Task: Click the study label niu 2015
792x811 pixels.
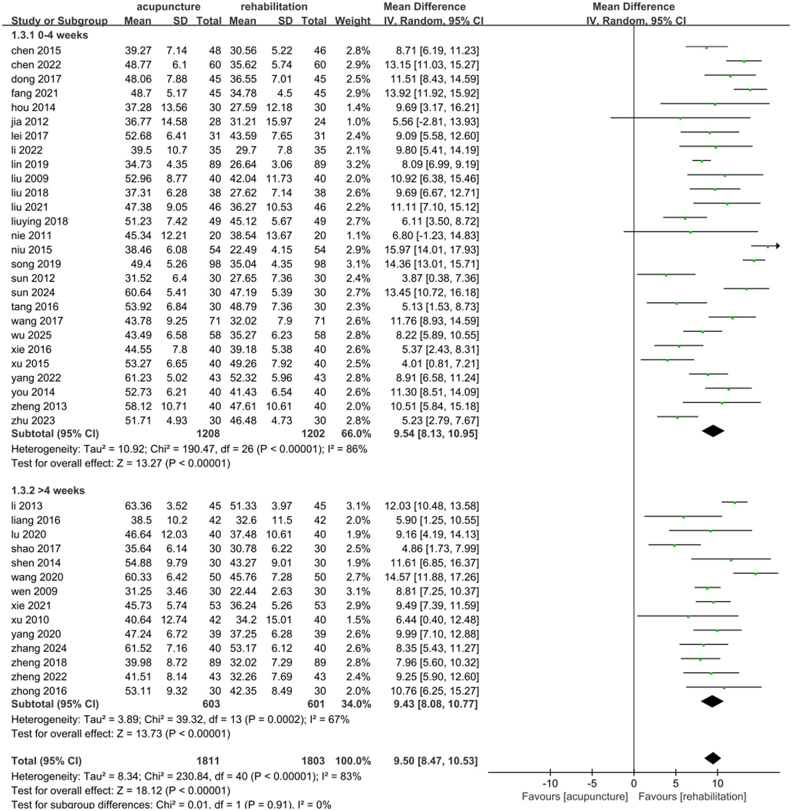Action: pyautogui.click(x=31, y=250)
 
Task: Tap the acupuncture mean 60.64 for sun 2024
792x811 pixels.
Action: pyautogui.click(x=138, y=293)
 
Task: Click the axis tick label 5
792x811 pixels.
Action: pyautogui.click(x=675, y=784)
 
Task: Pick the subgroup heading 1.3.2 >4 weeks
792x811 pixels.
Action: pyautogui.click(x=48, y=490)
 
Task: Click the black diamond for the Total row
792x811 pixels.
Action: pyautogui.click(x=713, y=758)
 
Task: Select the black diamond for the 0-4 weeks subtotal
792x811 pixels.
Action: pyautogui.click(x=713, y=431)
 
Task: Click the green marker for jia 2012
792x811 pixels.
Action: pyautogui.click(x=681, y=119)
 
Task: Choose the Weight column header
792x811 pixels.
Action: pyautogui.click(x=352, y=21)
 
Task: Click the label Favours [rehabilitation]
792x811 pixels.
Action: pyautogui.click(x=692, y=797)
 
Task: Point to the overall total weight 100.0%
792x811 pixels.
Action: pyautogui.click(x=352, y=760)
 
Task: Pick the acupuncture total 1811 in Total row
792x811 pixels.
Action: pyautogui.click(x=208, y=760)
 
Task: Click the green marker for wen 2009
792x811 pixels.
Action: pyautogui.click(x=707, y=588)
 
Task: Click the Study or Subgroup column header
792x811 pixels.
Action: pyautogui.click(x=59, y=21)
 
